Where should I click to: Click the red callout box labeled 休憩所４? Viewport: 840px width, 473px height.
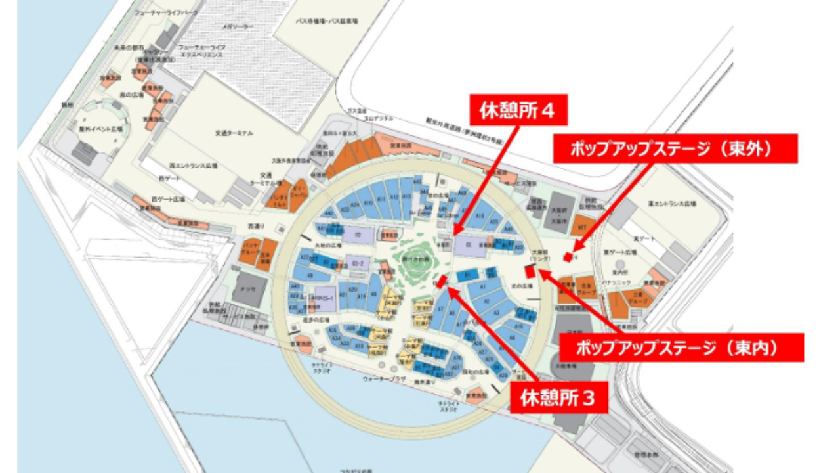point(517,112)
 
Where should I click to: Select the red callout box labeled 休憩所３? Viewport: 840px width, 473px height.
point(558,398)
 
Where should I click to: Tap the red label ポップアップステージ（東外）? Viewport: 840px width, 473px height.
point(675,149)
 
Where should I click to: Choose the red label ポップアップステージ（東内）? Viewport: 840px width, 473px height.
point(681,348)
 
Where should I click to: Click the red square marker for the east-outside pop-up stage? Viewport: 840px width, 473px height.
point(568,257)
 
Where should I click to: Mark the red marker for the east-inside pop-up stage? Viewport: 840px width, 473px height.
point(530,272)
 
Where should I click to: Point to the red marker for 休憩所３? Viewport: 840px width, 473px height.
point(442,281)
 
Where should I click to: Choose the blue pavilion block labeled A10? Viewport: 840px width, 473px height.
point(368,202)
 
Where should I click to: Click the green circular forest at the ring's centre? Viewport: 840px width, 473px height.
point(417,258)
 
